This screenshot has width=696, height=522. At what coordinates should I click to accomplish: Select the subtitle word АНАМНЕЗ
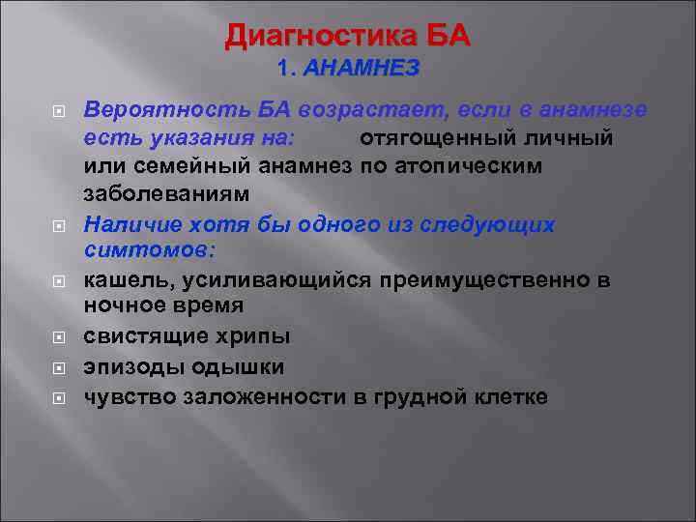click(x=362, y=69)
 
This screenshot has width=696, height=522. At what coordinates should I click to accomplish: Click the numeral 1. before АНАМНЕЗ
click(x=286, y=69)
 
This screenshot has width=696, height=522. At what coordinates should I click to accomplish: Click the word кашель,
click(x=121, y=280)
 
